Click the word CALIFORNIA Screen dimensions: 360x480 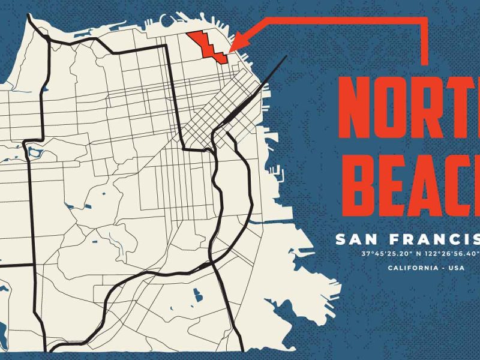click(413, 268)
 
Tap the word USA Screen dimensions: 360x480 click(457, 268)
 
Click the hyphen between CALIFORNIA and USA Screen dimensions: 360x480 click(443, 268)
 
